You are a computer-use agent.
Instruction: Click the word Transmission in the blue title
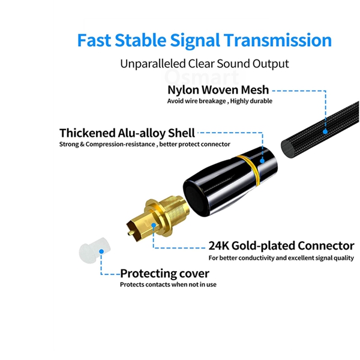[278, 40]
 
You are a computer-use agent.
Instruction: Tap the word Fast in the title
[94, 40]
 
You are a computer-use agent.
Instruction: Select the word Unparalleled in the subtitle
[152, 64]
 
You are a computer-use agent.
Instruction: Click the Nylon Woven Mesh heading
[218, 90]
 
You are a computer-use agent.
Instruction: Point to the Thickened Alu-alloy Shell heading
[127, 133]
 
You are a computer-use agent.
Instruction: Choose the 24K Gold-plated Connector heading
[281, 245]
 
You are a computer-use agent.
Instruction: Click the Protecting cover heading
[164, 274]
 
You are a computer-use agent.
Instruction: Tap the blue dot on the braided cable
[325, 131]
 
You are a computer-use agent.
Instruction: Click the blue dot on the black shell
[262, 161]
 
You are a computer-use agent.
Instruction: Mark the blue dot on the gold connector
[154, 225]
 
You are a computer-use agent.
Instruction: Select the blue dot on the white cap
[101, 251]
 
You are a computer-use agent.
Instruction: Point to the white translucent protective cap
[95, 250]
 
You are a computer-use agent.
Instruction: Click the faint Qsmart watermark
[202, 77]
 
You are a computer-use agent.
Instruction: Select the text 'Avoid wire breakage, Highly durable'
[220, 101]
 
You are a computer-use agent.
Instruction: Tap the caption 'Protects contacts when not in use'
[168, 284]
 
